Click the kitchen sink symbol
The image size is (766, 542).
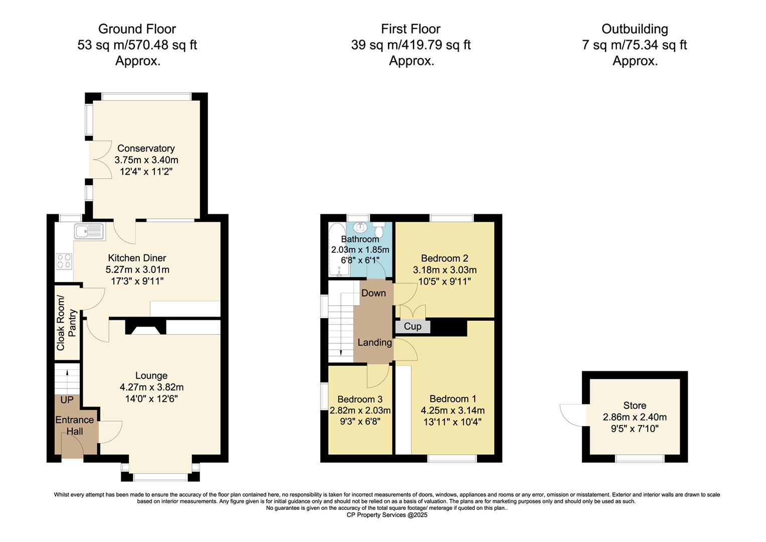(x=89, y=231)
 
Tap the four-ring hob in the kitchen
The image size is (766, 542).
(x=64, y=261)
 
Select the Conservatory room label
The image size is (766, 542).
(x=146, y=149)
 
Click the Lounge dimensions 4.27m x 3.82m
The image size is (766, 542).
(x=151, y=387)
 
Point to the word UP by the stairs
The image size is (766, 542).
(x=67, y=400)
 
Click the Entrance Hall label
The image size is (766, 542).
(x=75, y=426)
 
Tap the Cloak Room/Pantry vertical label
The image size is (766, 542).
(x=67, y=323)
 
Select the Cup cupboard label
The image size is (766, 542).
(x=413, y=327)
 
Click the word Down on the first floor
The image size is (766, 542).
(x=373, y=293)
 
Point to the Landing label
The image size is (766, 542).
(x=374, y=342)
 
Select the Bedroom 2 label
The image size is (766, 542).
(x=444, y=258)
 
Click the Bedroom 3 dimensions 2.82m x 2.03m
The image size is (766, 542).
(x=360, y=411)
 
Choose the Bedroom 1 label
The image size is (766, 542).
(x=453, y=399)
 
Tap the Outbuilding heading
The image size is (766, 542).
(x=635, y=29)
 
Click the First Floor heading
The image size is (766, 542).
(x=411, y=29)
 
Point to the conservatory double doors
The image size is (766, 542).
(x=99, y=161)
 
